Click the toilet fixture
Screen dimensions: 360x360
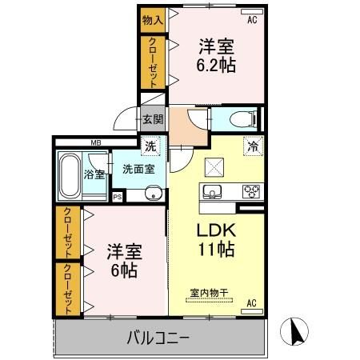241,120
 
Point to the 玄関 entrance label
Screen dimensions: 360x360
152,120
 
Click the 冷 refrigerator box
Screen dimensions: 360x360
252,147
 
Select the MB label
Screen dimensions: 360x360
95,143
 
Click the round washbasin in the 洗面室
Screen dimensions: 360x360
153,193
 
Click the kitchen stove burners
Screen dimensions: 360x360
252,191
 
